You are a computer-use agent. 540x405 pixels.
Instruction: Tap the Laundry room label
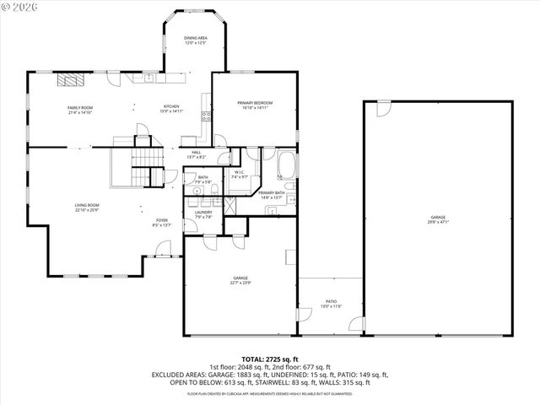pos(203,214)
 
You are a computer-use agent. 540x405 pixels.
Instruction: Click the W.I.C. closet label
pos(240,175)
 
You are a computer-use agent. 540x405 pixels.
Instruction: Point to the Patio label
pos(331,303)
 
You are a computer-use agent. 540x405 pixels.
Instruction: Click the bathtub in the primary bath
pos(286,164)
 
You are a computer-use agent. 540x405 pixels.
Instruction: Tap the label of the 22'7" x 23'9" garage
pos(240,280)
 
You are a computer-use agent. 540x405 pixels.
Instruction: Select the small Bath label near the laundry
pos(203,179)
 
